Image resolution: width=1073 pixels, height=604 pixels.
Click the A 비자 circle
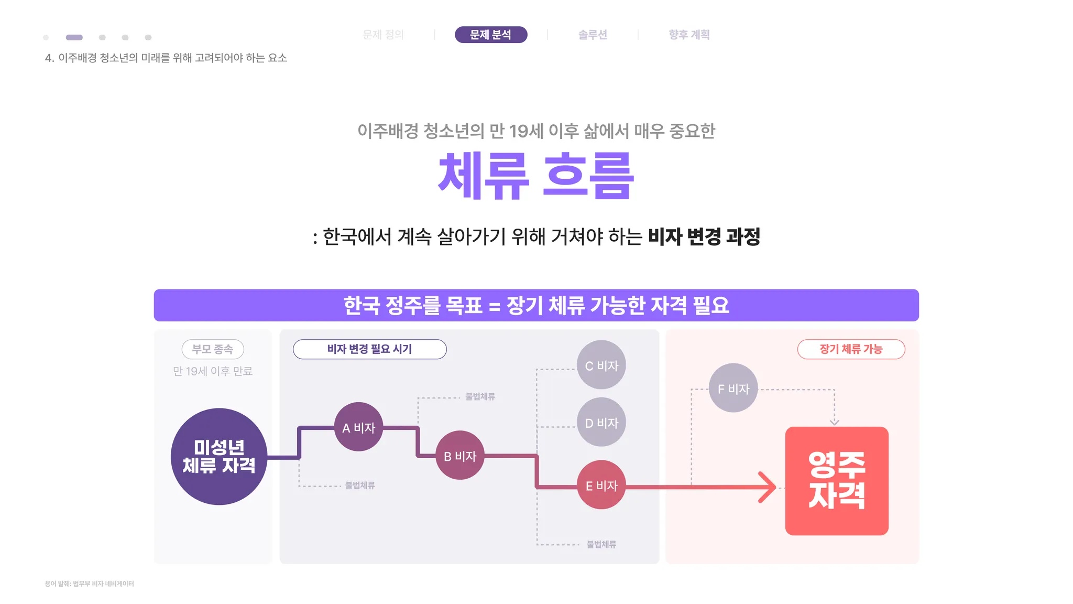(359, 427)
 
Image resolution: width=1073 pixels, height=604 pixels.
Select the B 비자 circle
(460, 455)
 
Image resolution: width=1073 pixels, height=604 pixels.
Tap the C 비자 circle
(601, 365)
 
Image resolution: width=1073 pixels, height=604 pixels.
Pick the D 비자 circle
(601, 422)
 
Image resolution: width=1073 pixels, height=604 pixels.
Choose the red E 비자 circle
(601, 485)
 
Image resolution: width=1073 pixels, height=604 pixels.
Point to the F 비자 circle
(733, 388)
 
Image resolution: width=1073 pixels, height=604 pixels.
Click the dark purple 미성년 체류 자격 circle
(219, 456)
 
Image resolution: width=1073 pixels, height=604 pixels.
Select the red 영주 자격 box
(837, 481)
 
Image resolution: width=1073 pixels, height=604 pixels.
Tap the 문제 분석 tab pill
(491, 35)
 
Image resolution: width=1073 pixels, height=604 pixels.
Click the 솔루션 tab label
(593, 35)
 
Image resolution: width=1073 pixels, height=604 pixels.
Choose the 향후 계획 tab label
(689, 35)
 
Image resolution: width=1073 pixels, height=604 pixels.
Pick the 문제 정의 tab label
(383, 35)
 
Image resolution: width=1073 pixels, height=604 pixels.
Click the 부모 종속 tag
(213, 349)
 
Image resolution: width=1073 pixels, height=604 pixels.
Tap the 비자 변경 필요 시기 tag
(370, 349)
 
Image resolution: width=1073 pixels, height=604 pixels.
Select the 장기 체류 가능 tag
(851, 349)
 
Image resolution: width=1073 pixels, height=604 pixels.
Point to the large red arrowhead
(769, 487)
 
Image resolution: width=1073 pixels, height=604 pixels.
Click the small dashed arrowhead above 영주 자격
(835, 422)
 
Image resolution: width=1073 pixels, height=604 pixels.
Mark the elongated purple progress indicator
(74, 37)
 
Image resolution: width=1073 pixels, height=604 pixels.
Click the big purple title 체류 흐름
(536, 176)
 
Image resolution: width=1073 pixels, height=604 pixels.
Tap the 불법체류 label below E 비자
(601, 544)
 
